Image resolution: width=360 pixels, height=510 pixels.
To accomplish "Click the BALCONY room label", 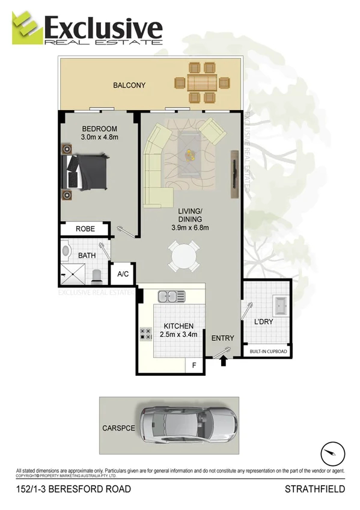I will pos(129,85).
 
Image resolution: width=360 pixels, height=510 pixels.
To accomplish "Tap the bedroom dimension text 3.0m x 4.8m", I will pos(100,137).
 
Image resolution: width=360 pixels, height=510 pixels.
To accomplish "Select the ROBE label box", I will pos(85,229).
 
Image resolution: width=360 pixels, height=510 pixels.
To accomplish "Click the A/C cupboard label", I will pos(123,274).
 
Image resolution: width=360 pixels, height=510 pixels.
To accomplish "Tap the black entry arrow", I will pos(224,361).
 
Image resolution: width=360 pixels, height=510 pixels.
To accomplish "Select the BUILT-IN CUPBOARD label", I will pos(267,352).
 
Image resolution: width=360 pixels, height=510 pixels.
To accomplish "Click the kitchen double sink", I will pos(171,296).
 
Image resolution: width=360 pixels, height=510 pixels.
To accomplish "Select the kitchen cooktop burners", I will pos(145,334).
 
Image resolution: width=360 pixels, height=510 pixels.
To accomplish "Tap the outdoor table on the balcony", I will pos(200,82).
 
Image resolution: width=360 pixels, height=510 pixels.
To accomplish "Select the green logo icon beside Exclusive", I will pos(28,28).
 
